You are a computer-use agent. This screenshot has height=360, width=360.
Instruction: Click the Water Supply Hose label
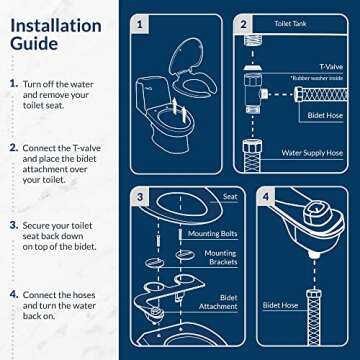(314, 152)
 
